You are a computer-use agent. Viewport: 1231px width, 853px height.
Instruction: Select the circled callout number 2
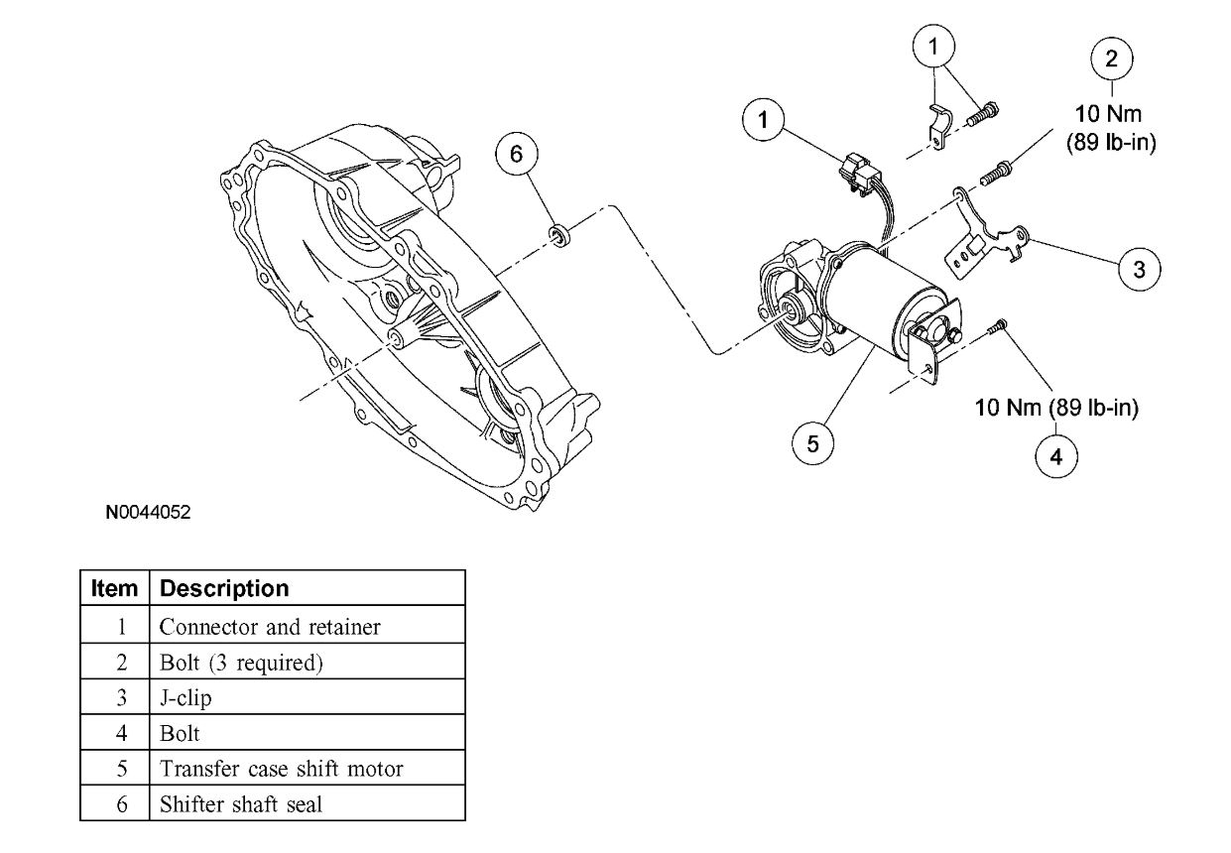(x=1111, y=58)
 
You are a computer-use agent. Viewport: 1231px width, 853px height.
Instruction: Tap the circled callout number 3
(x=1139, y=268)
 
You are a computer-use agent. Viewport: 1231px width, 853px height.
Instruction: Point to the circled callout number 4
(x=1055, y=455)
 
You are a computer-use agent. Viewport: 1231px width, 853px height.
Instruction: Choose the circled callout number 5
(x=812, y=443)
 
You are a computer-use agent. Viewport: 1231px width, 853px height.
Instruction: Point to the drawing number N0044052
(x=149, y=514)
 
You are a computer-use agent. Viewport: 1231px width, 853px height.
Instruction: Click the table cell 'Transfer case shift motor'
(x=282, y=769)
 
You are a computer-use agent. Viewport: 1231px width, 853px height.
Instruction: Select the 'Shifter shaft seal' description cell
(x=241, y=804)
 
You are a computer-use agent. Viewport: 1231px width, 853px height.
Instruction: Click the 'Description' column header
(x=224, y=588)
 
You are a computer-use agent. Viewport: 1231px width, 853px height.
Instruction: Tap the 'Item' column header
(x=114, y=588)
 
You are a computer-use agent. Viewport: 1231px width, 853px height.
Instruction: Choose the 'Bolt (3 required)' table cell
(x=241, y=663)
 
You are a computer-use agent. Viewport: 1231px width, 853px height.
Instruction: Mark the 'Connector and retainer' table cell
(x=270, y=627)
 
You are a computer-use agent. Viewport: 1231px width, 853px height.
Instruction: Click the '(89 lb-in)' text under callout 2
(x=1111, y=143)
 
